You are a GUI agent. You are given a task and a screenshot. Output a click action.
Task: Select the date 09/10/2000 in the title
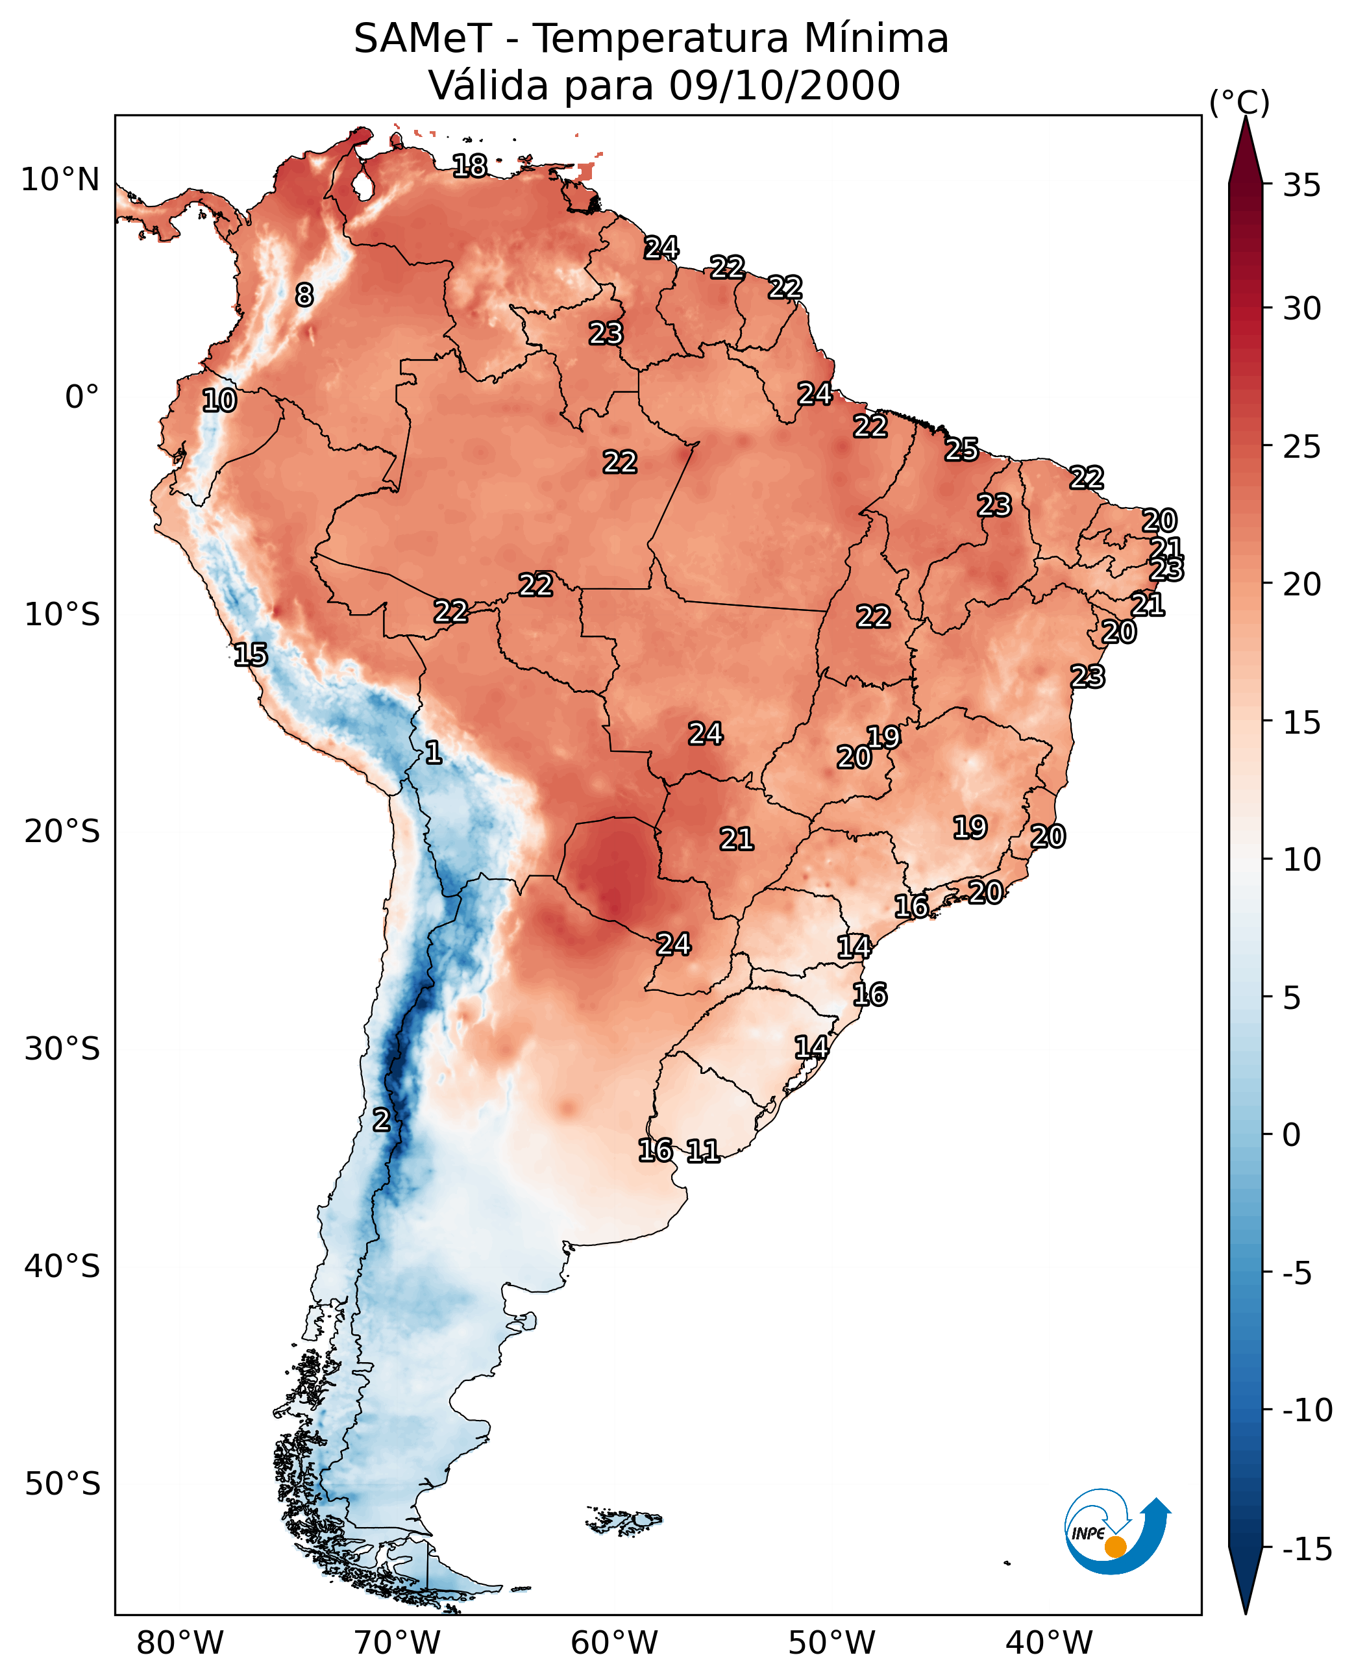click(784, 86)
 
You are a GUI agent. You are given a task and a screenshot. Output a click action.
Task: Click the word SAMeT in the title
click(422, 39)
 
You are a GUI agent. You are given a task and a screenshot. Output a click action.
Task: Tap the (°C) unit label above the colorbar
click(1239, 103)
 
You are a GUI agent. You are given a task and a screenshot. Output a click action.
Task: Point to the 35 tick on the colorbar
click(1301, 186)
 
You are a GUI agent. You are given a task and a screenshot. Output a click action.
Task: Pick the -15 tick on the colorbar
click(1307, 1550)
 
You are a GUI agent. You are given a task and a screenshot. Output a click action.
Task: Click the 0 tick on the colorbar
click(1292, 1135)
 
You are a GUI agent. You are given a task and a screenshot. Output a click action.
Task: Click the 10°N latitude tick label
click(60, 180)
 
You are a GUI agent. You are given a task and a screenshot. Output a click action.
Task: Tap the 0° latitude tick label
click(82, 397)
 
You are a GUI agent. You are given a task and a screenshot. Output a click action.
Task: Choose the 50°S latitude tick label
click(62, 1484)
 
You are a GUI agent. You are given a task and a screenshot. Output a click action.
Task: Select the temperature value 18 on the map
click(469, 166)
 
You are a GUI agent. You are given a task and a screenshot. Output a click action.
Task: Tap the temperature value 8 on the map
click(304, 295)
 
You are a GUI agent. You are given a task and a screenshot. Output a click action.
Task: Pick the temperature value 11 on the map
click(703, 1150)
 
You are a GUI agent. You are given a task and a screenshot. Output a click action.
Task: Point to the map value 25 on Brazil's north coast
click(962, 449)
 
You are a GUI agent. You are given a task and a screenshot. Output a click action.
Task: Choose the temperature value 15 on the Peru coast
click(251, 654)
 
